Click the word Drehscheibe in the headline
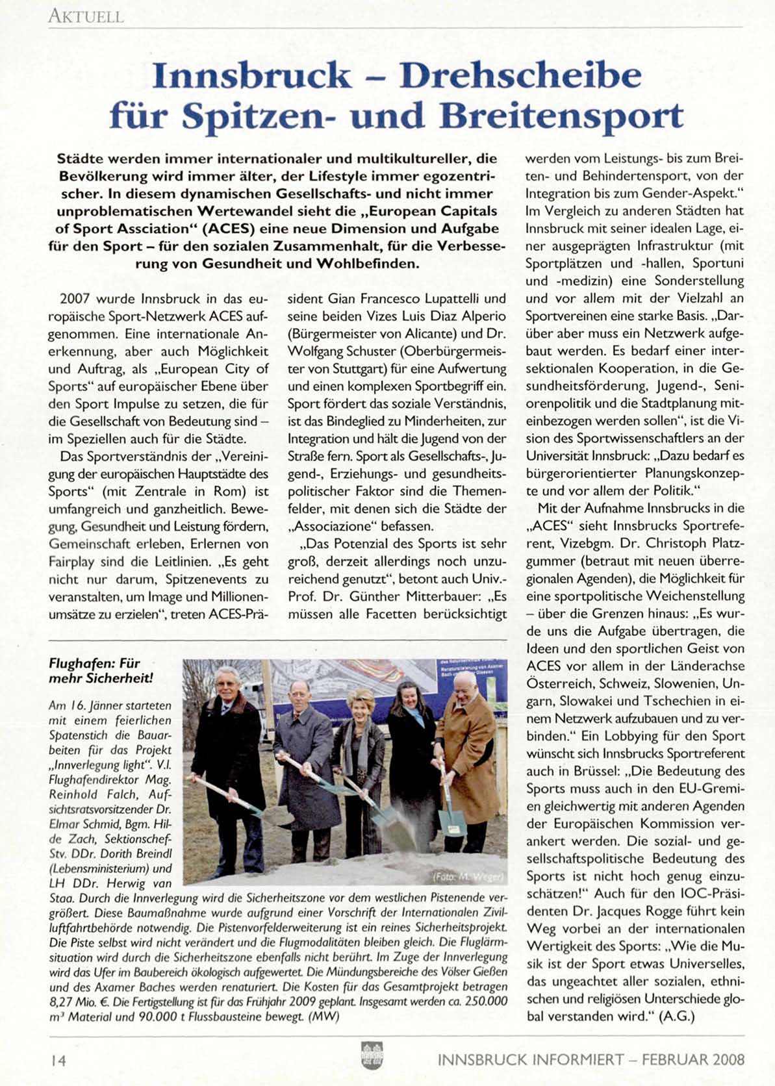pos(520,77)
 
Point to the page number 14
pos(58,1060)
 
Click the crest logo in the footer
pos(372,1055)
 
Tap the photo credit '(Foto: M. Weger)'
pos(468,877)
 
